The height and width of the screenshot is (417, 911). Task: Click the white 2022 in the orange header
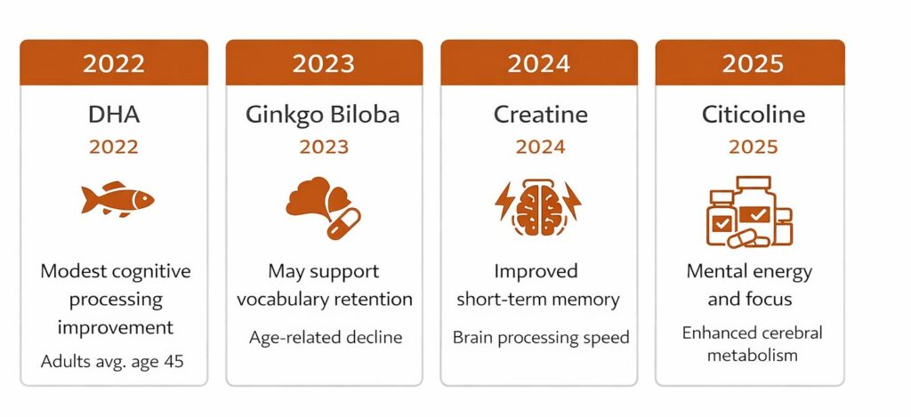pos(114,64)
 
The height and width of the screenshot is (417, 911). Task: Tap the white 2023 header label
pos(323,64)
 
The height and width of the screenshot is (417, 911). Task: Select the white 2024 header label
pos(538,64)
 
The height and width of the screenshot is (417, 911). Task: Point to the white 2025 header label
pos(753,64)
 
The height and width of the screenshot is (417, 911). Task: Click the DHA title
pos(114,115)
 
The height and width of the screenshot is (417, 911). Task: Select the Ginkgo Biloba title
pos(323,115)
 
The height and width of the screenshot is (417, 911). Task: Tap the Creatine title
pos(538,115)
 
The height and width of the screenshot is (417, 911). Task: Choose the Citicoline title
pos(753,115)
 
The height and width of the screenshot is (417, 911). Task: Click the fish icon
pos(117,199)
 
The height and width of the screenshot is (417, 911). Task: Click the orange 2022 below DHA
pos(114,147)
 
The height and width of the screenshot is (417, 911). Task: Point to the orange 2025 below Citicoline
pos(753,147)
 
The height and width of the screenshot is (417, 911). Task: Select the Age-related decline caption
pos(325,337)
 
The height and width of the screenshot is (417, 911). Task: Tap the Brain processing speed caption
pos(540,337)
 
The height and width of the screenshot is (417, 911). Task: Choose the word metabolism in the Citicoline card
pos(753,356)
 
